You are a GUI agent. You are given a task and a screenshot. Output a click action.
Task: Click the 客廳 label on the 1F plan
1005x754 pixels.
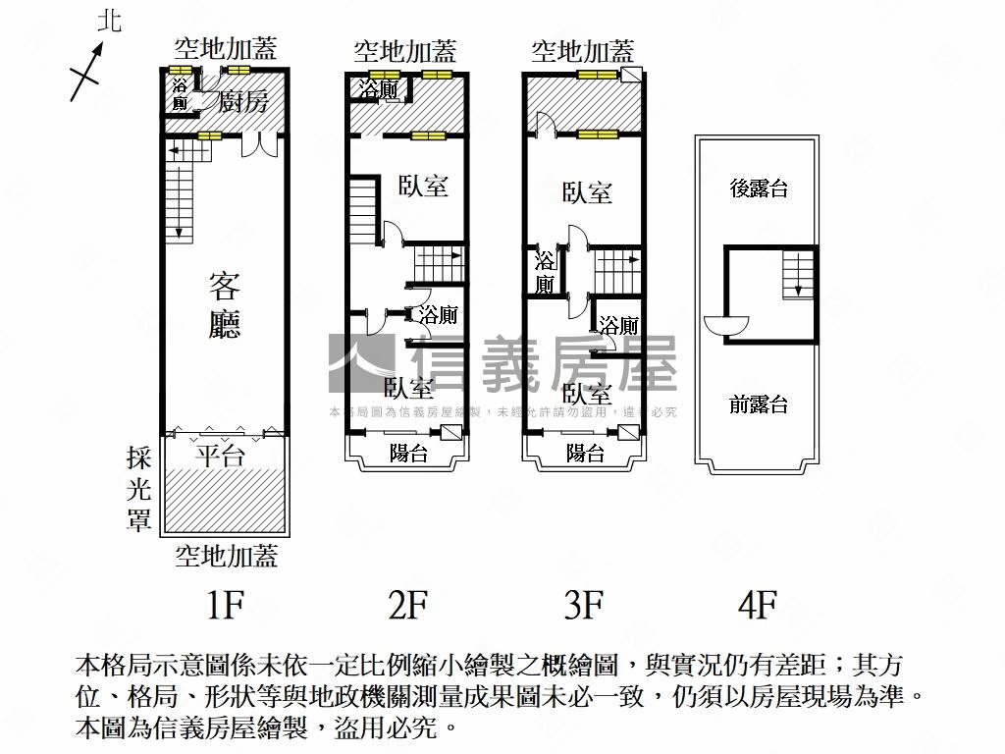click(225, 305)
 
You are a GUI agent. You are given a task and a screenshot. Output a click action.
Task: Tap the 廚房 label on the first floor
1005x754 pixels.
click(242, 102)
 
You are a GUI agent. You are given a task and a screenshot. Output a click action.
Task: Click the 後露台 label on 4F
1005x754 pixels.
click(759, 189)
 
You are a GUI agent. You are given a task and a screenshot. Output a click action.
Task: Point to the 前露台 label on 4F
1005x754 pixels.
click(759, 404)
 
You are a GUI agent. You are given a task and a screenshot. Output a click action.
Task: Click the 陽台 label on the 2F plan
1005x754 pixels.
click(408, 453)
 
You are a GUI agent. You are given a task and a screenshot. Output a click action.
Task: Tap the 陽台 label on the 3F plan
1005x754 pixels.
click(585, 453)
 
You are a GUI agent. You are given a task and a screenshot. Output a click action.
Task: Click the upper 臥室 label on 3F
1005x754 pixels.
click(587, 192)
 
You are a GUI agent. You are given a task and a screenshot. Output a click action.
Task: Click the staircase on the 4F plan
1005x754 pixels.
click(798, 273)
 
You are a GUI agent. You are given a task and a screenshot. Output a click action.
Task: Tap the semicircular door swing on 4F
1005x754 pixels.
click(726, 325)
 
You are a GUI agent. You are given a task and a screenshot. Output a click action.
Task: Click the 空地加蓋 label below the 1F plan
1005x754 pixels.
click(227, 556)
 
